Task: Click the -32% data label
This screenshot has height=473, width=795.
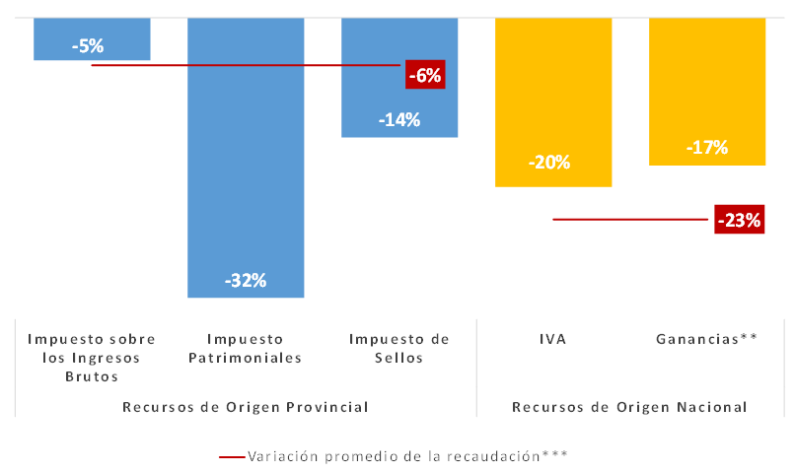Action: click(x=246, y=280)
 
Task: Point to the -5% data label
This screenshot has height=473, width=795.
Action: click(x=88, y=44)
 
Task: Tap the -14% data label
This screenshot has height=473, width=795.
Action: click(x=399, y=120)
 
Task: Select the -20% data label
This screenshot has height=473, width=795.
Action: click(x=549, y=163)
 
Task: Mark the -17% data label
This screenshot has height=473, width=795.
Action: click(x=707, y=148)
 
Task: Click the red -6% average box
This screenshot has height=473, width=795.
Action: click(x=425, y=74)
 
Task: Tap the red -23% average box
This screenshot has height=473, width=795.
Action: click(x=740, y=221)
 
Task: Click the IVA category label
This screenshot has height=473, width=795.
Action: click(x=553, y=339)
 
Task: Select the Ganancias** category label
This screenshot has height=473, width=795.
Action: click(x=707, y=339)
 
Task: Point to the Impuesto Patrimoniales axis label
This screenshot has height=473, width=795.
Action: click(x=246, y=348)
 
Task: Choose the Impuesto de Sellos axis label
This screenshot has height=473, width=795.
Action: click(x=399, y=348)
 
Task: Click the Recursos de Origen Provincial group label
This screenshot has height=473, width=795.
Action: click(x=246, y=406)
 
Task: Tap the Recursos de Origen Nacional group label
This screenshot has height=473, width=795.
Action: click(x=630, y=406)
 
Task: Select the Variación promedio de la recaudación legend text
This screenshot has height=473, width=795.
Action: click(x=408, y=456)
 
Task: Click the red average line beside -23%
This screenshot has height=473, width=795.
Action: click(x=631, y=219)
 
